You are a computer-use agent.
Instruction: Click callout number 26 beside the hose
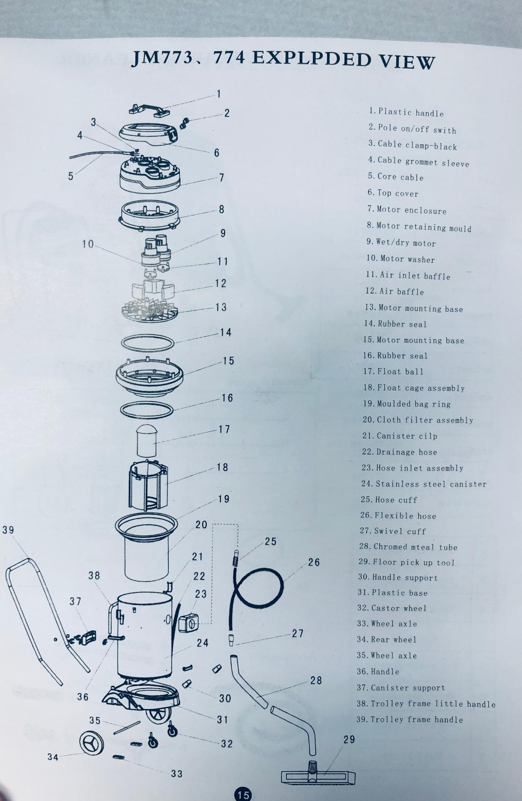314,562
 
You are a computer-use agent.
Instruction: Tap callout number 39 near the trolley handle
8,530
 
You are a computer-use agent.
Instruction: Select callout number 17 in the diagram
224,429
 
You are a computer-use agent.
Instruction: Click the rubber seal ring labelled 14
147,342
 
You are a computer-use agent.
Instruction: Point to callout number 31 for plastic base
222,720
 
